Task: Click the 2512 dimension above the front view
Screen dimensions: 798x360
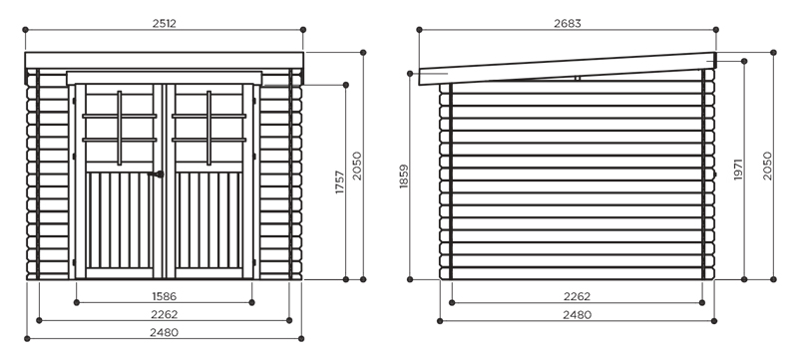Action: (x=165, y=23)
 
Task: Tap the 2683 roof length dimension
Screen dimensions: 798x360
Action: (x=568, y=23)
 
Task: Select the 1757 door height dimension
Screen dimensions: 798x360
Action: (x=340, y=182)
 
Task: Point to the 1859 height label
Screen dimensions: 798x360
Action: (x=404, y=177)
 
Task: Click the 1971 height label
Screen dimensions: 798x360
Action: (x=738, y=170)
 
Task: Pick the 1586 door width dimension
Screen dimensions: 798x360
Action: (x=165, y=296)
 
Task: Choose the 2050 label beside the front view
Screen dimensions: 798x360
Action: (x=357, y=166)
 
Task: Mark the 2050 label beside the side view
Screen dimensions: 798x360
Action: (x=767, y=166)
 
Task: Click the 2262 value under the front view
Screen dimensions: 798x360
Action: (x=165, y=314)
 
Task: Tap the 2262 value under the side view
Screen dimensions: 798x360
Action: (x=578, y=296)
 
